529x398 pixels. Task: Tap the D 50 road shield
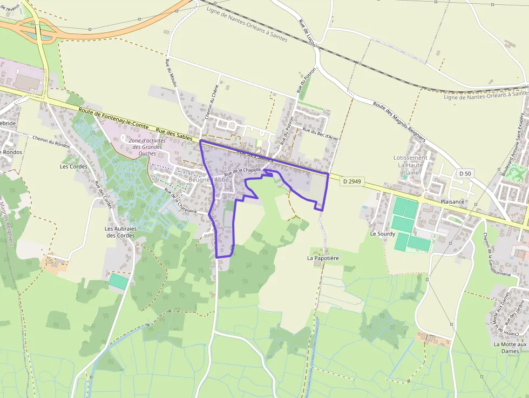coord(464,173)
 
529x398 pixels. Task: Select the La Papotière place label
coord(323,258)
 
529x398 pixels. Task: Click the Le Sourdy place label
coord(383,234)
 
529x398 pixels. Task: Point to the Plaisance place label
coord(452,201)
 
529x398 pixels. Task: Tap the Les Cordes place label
coord(74,166)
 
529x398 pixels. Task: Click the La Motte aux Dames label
coord(510,347)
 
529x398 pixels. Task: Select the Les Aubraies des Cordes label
coord(121,232)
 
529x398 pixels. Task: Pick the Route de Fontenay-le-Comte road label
coord(113,117)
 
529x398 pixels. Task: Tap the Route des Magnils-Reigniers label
coord(398,122)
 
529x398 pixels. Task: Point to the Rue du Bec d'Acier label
coord(321,134)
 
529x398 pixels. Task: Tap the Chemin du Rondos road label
coord(52,141)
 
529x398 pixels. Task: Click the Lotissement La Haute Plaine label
coord(410,165)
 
